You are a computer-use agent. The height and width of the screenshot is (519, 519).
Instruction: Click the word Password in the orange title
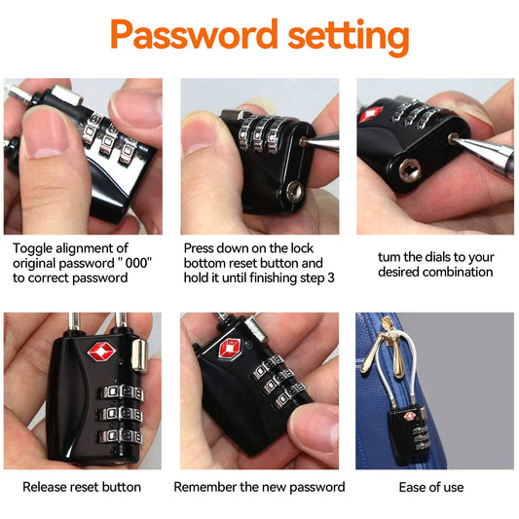194,34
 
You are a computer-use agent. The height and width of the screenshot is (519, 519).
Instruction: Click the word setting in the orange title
349,37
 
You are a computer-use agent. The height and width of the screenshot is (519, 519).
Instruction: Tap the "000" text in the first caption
138,263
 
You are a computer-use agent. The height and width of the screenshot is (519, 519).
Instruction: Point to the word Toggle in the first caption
32,249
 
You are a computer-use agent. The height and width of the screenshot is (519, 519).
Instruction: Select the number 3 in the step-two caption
331,278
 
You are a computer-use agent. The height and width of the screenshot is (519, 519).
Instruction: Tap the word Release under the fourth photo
44,487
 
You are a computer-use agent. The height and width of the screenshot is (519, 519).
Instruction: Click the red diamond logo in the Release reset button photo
101,352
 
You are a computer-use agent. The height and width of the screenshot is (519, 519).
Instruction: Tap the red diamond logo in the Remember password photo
230,349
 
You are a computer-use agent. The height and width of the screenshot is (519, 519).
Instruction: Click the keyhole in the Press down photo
294,191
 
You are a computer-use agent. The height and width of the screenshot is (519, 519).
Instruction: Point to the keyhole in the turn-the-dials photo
410,170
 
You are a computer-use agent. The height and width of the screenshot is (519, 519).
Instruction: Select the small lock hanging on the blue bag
408,434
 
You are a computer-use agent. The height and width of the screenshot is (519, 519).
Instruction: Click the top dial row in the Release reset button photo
121,392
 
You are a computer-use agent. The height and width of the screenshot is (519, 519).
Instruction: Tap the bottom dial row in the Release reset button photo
120,436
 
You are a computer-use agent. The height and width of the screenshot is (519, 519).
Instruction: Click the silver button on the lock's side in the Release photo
139,355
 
